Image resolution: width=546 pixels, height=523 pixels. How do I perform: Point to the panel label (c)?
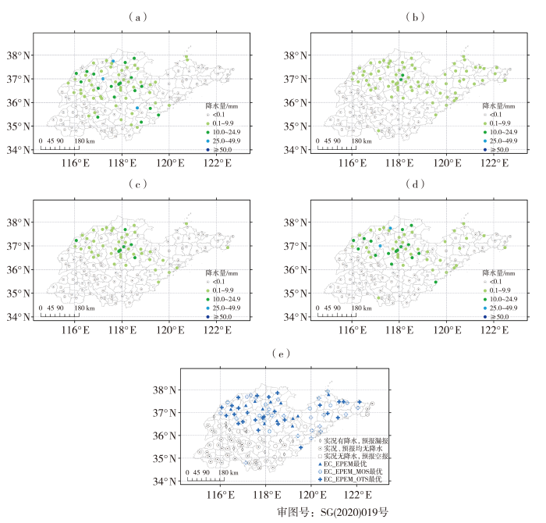click(137, 184)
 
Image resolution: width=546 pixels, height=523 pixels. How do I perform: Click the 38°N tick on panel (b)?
click(298, 55)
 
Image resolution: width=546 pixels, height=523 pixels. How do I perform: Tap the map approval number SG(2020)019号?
click(332, 513)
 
